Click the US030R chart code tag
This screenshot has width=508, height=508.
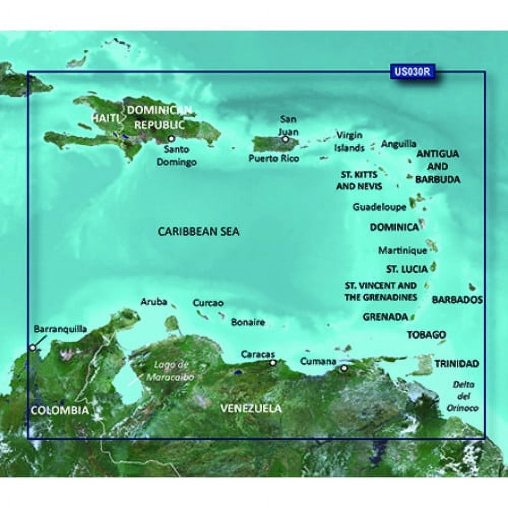pyautogui.click(x=412, y=72)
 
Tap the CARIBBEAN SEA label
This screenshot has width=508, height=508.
pyautogui.click(x=199, y=232)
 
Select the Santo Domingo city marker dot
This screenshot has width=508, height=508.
pyautogui.click(x=171, y=138)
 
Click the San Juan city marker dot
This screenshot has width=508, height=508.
pyautogui.click(x=286, y=139)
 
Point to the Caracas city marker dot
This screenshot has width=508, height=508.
pyautogui.click(x=273, y=363)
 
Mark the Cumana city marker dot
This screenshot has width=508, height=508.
pyautogui.click(x=344, y=368)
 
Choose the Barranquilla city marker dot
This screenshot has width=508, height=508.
pyautogui.click(x=33, y=347)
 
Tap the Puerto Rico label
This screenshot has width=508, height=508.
pyautogui.click(x=274, y=158)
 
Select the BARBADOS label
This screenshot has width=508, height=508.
pyautogui.click(x=457, y=300)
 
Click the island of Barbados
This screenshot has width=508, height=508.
pyautogui.click(x=472, y=288)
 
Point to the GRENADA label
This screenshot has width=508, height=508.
pyautogui.click(x=386, y=317)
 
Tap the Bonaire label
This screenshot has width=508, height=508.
pyautogui.click(x=248, y=322)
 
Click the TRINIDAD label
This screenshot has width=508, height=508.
pyautogui.click(x=457, y=363)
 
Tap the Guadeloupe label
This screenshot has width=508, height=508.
pyautogui.click(x=379, y=207)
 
